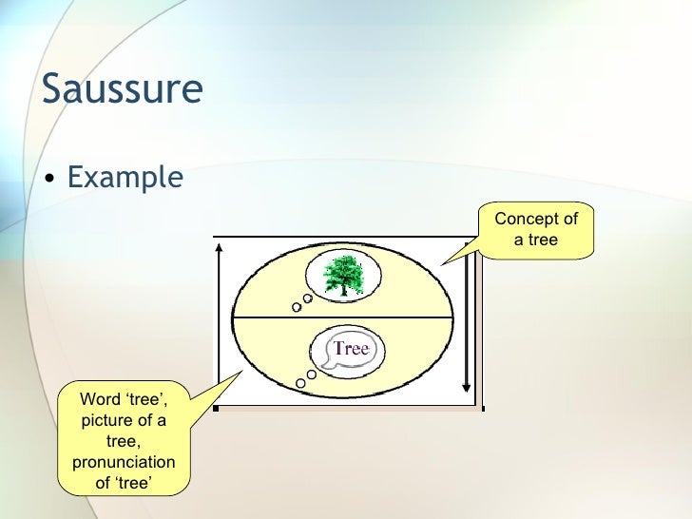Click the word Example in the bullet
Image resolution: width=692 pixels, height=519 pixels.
[x=125, y=177]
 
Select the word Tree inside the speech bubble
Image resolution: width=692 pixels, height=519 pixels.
[x=351, y=349]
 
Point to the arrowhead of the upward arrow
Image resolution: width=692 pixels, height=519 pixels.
[x=220, y=246]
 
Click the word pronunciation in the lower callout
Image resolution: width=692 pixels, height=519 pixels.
[x=124, y=462]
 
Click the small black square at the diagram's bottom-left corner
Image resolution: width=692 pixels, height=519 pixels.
[x=217, y=409]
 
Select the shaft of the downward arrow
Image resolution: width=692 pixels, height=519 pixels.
[x=466, y=323]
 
